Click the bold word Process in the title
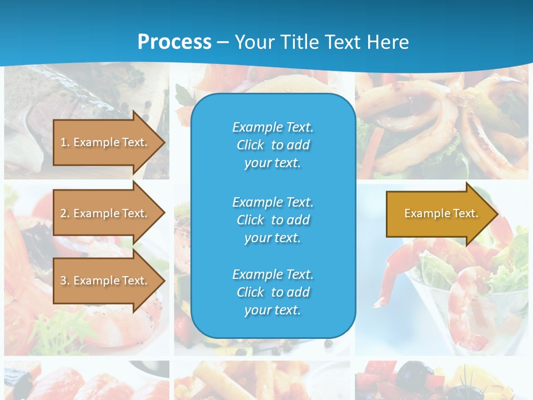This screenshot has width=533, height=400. pos(174,42)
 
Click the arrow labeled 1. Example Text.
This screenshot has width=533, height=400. pos(105,142)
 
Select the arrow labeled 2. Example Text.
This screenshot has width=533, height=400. pos(105,213)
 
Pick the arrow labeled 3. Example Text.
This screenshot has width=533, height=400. pos(105,281)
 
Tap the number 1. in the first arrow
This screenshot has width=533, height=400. pos(65,142)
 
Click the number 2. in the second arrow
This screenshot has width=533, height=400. pos(65,213)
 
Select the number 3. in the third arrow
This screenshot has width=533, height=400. pos(65,281)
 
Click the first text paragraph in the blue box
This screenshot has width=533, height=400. pos(273,145)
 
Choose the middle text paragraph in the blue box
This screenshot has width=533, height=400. pos(273,220)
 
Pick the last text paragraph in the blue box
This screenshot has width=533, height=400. pos(273,292)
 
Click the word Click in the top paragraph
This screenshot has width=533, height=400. pos(250,145)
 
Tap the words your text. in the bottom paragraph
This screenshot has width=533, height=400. pos(273,310)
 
